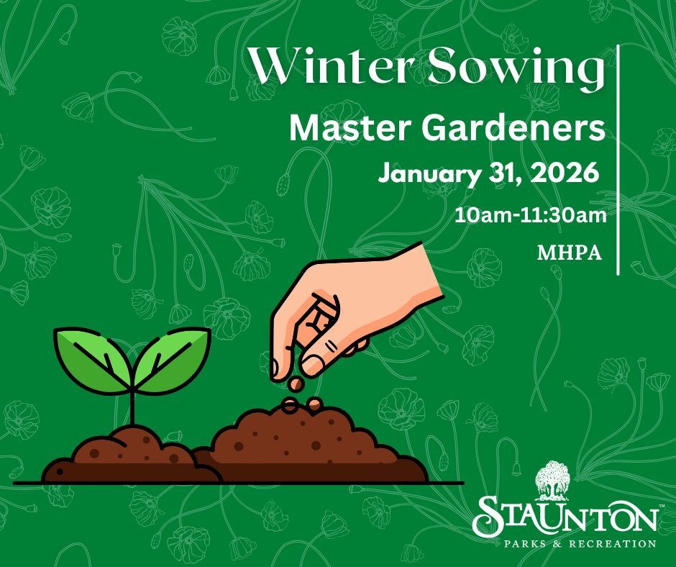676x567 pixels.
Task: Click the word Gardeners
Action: click(x=507, y=128)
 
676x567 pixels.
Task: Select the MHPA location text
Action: click(x=569, y=253)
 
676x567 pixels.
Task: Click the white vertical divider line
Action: click(x=619, y=158)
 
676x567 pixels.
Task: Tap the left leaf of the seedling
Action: click(x=90, y=355)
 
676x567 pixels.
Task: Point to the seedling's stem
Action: click(x=132, y=407)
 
